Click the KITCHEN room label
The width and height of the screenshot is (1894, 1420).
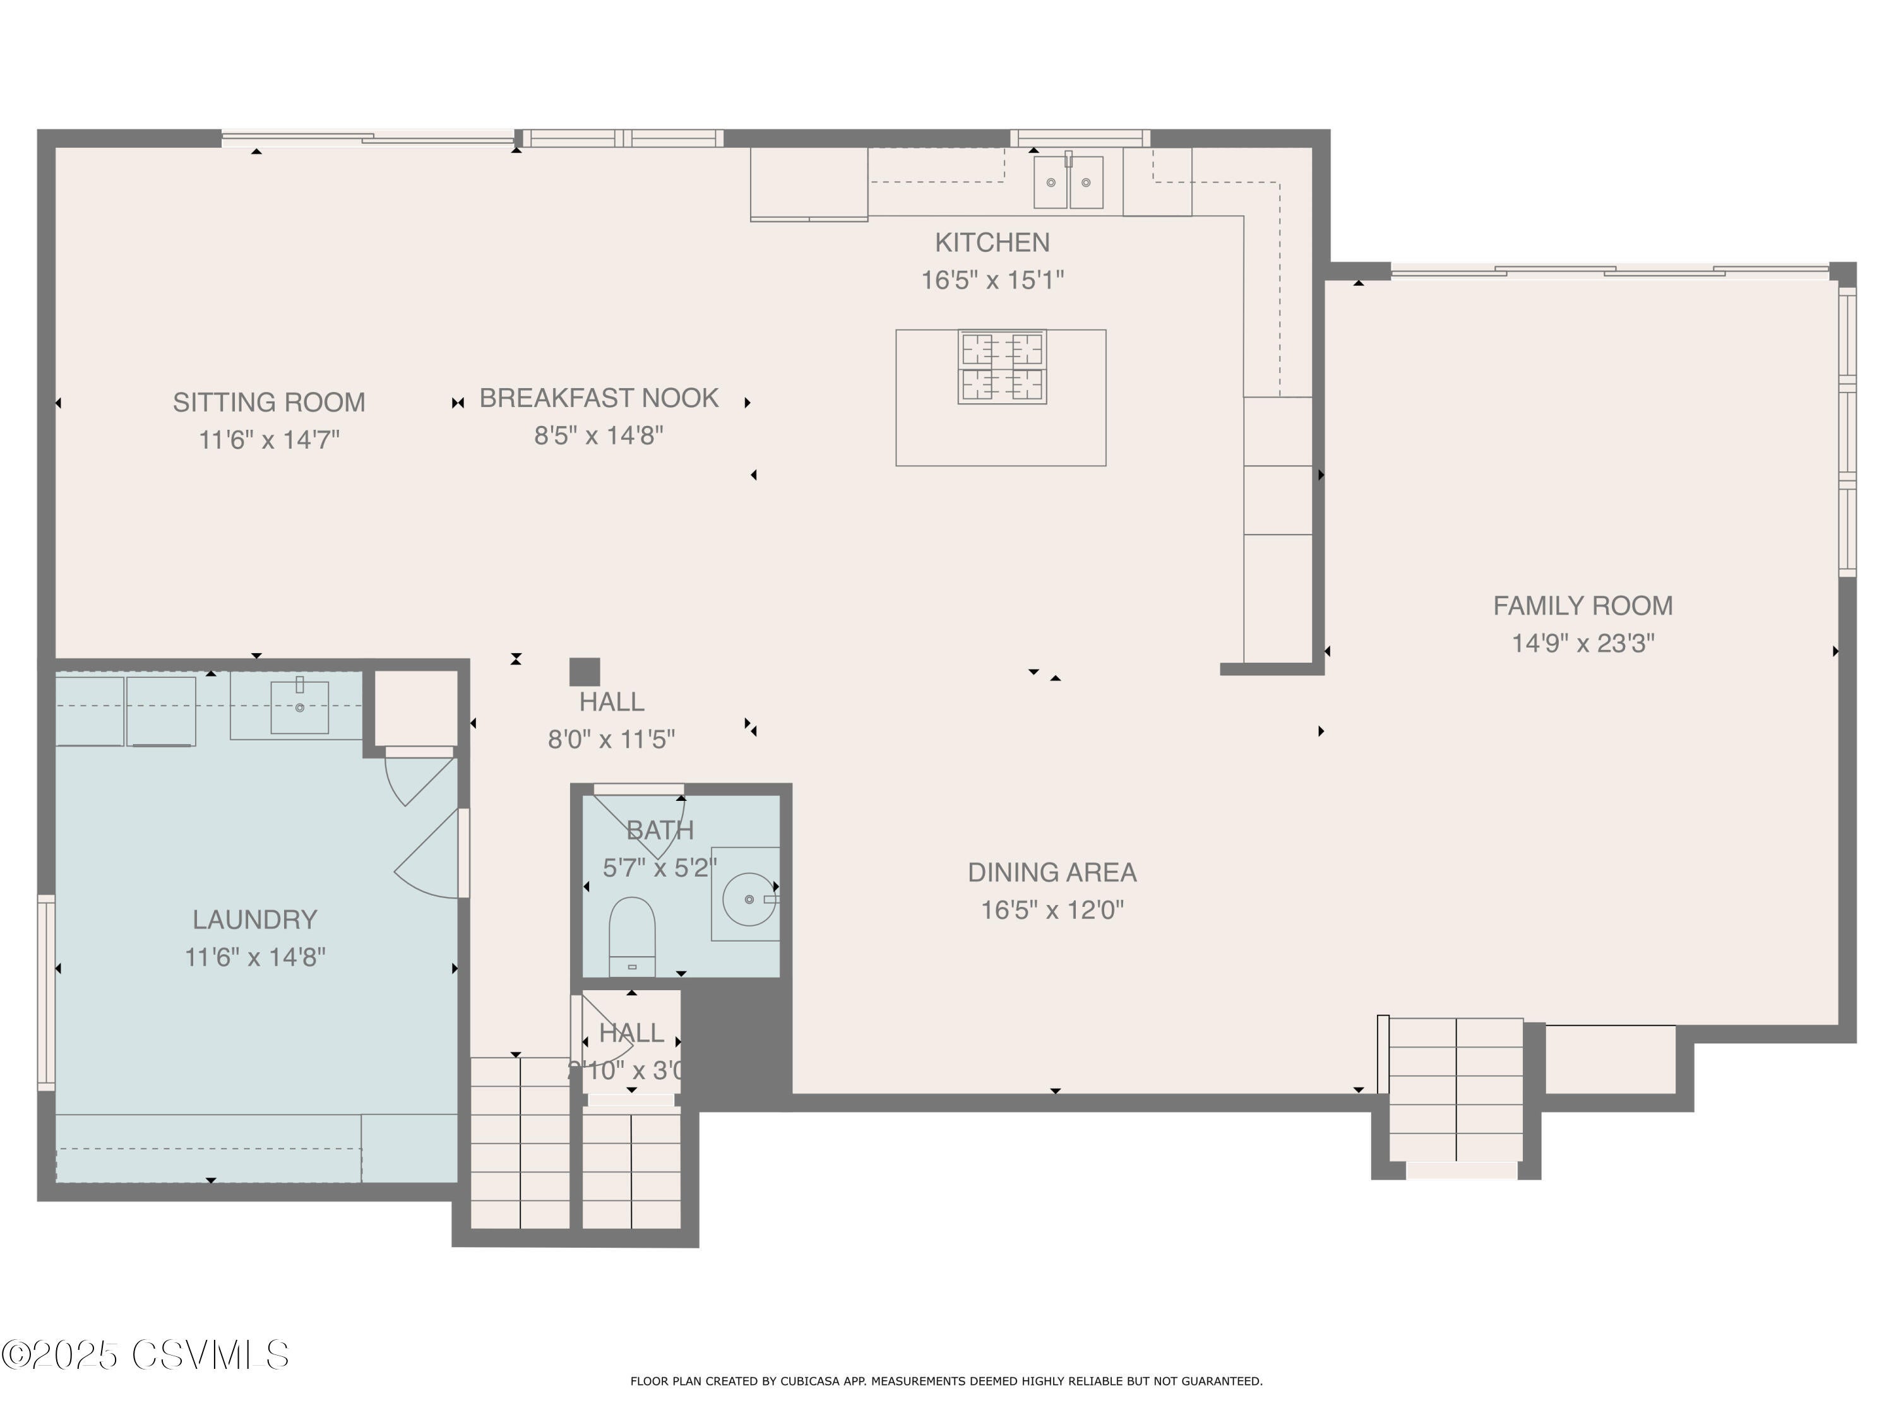(992, 243)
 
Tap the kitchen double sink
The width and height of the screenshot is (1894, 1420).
(1068, 182)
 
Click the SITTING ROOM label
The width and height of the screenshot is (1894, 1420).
(269, 402)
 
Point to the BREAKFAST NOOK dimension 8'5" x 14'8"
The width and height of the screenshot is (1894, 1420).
(599, 435)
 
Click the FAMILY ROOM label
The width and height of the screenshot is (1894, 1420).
(1582, 606)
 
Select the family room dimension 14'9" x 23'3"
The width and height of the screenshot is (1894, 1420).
(1582, 644)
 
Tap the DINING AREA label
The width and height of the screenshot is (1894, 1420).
(1051, 872)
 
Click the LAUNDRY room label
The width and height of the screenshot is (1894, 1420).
(254, 920)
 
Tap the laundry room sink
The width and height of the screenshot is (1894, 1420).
(299, 707)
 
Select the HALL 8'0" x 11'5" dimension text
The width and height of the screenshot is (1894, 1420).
(611, 740)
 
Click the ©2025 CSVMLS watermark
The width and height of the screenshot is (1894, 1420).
(146, 1355)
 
